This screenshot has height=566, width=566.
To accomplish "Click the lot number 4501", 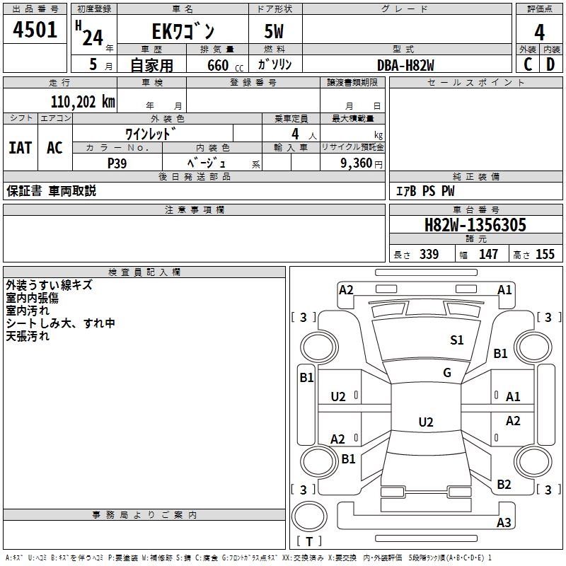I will pos(35,30).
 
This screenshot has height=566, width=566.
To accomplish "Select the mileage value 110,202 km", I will pos(83,102).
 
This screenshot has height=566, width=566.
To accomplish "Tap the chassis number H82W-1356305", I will pos(475,226).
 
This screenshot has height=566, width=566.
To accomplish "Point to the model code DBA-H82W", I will pos(405,65).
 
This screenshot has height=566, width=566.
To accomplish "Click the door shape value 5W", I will pos(275,32).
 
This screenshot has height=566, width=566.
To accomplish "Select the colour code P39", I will pos(117,163).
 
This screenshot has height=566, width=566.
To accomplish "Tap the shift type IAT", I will pos(20,147).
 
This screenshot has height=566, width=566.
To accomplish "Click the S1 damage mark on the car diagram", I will pos(457,340).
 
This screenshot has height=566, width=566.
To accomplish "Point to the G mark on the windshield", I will pos(447,373).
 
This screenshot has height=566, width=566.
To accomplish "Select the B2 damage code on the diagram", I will pos(504,485).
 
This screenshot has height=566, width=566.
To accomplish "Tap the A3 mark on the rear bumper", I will pos(504,523).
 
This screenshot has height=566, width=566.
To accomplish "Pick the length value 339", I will pos(429,255).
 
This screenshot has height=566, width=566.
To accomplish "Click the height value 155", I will pos(545,255).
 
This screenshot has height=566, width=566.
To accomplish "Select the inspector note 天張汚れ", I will pos(28,336).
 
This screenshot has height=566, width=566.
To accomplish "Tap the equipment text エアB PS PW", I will pos(424,191).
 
